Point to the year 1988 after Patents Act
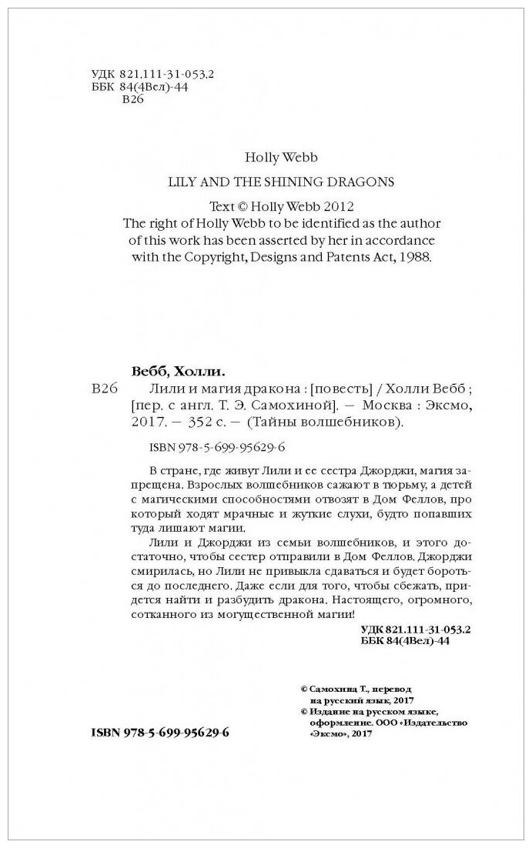click(419, 258)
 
